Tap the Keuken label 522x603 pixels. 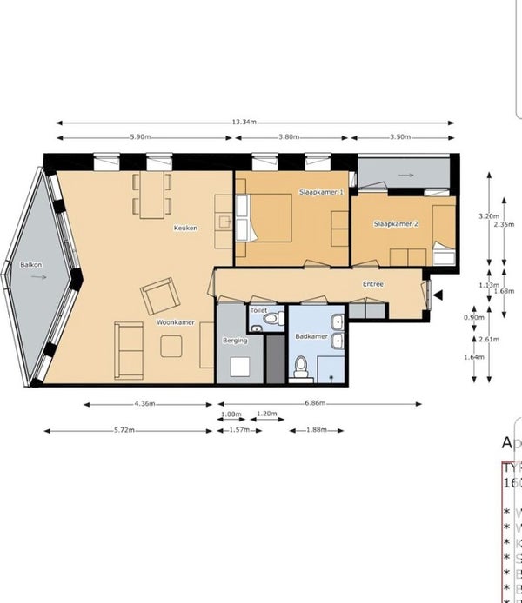point(185,229)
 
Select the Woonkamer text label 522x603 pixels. point(176,322)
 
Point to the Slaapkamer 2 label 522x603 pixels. point(396,224)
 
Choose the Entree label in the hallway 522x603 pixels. point(373,284)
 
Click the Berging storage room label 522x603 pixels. point(236,341)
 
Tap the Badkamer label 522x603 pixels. point(311,335)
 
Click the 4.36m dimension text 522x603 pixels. point(145,403)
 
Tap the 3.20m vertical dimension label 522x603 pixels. point(489,216)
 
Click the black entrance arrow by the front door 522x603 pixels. point(438,295)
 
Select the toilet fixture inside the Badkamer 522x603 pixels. point(301,367)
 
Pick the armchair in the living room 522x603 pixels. point(161,295)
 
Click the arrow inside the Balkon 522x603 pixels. point(37,278)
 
